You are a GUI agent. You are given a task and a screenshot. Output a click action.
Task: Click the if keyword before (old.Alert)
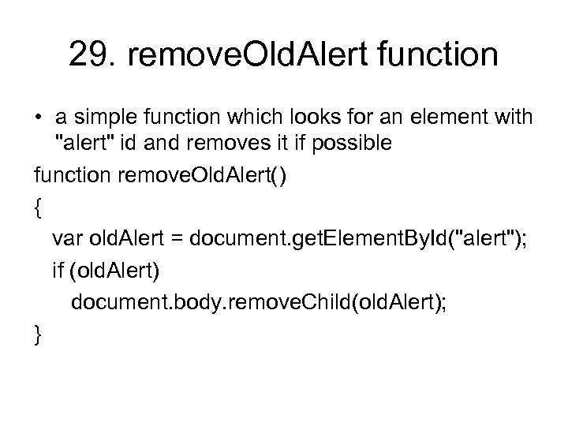(58, 270)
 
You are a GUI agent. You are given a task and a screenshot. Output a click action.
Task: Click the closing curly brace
(39, 334)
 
